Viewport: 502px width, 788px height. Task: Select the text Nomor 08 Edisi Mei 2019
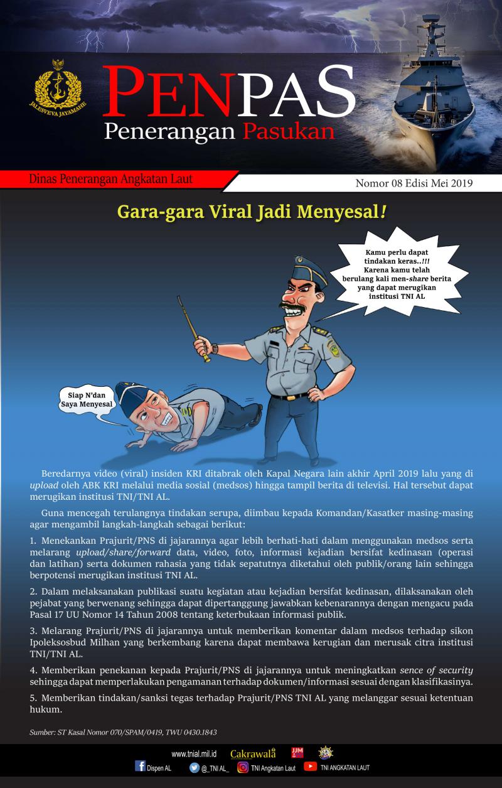point(414,184)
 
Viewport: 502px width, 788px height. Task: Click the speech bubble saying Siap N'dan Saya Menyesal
point(86,400)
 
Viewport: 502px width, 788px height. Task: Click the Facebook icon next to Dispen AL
point(141,766)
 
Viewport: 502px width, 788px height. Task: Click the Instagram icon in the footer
point(243,767)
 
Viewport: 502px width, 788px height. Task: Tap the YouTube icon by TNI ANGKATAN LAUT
point(310,766)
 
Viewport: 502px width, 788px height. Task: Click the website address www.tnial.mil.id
point(194,753)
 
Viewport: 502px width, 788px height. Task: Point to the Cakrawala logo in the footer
point(252,753)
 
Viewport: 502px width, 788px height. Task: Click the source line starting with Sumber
point(123,732)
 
